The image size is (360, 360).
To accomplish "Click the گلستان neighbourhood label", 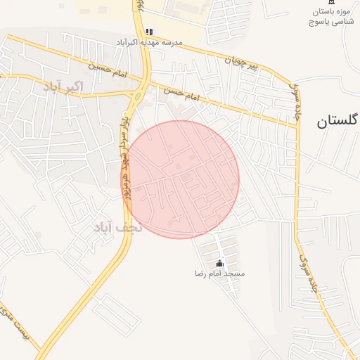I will tap(337, 120).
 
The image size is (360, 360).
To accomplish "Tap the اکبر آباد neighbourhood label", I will tap(63, 87).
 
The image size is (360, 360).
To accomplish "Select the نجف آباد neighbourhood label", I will tap(117, 228).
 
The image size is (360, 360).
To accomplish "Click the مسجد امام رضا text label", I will tap(220, 272).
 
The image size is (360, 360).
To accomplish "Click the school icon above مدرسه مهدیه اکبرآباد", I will tap(148, 32).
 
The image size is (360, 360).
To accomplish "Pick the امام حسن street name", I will tap(182, 93).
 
